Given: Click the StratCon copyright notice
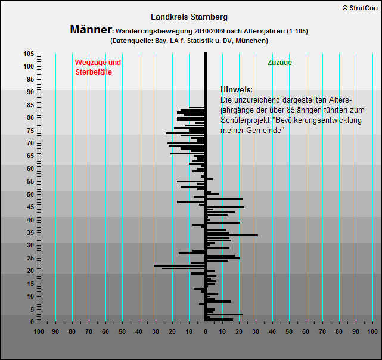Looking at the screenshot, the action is (x=360, y=8).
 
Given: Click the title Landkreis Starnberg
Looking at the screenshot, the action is (x=189, y=17).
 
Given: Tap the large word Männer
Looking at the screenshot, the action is (x=91, y=29).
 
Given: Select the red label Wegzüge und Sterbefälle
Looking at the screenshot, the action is (x=98, y=67).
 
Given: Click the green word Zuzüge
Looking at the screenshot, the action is (x=279, y=63).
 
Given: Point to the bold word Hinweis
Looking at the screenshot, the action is (x=237, y=89).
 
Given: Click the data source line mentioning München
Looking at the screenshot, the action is (x=189, y=41).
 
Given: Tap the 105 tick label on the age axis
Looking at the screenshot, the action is (x=29, y=54).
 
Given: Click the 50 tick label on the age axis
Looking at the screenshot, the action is (x=30, y=194).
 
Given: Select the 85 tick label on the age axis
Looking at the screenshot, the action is (x=30, y=105).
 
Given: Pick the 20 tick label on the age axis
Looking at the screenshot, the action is (x=30, y=271).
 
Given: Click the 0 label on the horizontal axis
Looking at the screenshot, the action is (x=206, y=331).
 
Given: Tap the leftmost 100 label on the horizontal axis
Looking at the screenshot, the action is (x=39, y=331).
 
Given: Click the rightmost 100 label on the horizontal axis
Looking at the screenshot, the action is (x=372, y=331).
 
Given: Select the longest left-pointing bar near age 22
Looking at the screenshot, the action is (x=179, y=266).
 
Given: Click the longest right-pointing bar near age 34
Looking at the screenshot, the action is (x=232, y=235).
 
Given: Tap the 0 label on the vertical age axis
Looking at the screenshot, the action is (x=32, y=322).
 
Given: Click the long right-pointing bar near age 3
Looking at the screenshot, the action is (x=225, y=314).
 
